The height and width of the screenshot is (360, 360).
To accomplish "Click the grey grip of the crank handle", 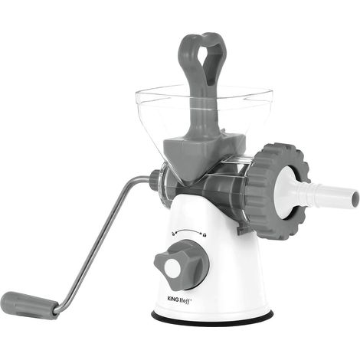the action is tap(29, 305).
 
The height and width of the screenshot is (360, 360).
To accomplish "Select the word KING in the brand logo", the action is tap(173, 299).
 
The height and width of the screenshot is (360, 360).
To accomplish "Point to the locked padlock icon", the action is tap(205, 234).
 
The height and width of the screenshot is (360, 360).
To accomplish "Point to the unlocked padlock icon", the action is tap(173, 233).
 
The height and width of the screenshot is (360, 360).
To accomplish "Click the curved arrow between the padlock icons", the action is tap(188, 231).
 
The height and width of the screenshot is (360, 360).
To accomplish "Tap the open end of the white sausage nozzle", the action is tap(355, 199).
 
